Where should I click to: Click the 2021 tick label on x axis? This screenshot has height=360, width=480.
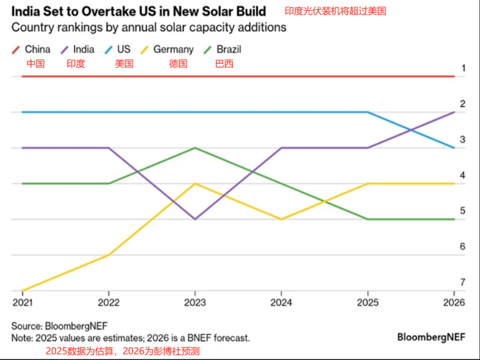coord(22,302)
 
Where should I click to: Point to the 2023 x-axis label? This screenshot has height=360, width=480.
coord(194,302)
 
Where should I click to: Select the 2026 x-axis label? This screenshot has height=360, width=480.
coord(454,302)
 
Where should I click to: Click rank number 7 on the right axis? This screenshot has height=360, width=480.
coord(463,282)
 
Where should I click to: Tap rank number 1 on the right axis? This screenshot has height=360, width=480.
coord(463,68)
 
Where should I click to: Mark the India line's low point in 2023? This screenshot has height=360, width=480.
coord(195,219)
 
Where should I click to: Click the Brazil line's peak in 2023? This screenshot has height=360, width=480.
coord(195,148)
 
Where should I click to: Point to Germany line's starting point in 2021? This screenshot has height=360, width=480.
coord(23,290)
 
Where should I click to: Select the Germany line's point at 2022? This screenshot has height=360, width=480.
coord(109,255)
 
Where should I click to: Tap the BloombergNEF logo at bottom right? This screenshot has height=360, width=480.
coord(431,337)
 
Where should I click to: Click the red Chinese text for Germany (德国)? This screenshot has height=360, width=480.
coord(178,64)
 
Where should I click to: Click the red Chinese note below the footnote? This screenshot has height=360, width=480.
coord(123,351)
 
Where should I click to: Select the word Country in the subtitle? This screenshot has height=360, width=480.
coord(32,28)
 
